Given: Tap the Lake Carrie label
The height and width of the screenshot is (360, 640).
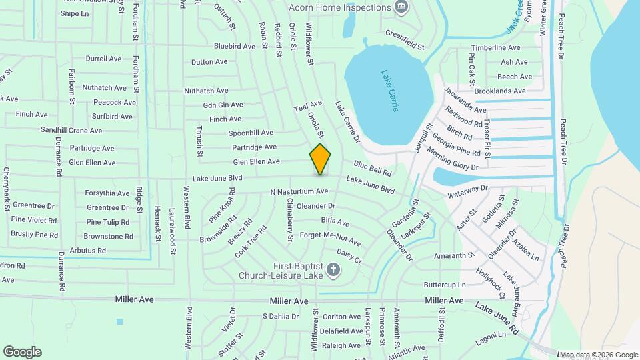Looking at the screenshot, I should tap(390, 91).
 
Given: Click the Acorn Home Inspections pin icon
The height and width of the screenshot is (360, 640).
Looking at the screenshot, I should tap(401, 8).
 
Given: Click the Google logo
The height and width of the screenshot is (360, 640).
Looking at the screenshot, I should tap(22, 351).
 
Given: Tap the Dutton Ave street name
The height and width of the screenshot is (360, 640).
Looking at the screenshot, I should tap(209, 62).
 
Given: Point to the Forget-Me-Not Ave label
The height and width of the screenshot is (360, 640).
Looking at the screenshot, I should tap(330, 238).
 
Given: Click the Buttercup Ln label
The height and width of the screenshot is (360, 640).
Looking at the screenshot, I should tap(445, 285).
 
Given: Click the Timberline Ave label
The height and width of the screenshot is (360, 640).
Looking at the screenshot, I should tap(495, 48).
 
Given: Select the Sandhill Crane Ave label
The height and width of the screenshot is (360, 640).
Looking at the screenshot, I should tap(71, 131).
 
